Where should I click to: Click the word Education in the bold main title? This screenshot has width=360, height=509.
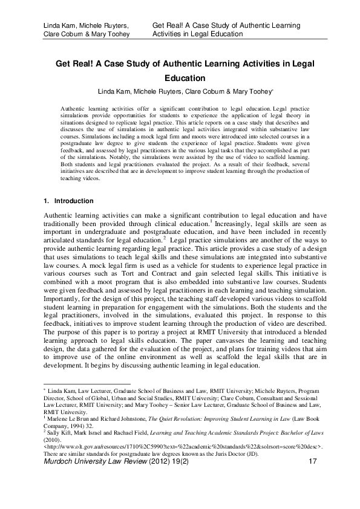pyautogui.click(x=181, y=78)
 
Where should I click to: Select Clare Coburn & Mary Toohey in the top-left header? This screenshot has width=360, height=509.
pyautogui.click(x=81, y=34)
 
